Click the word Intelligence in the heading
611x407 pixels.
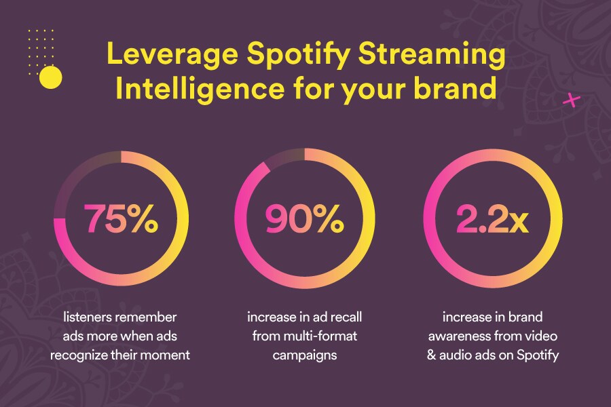[200, 89]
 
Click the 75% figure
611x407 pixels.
[122, 218]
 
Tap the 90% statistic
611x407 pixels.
[304, 218]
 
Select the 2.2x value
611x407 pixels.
[492, 218]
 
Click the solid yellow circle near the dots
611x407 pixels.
[51, 77]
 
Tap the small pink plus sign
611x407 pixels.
[572, 100]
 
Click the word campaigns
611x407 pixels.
[305, 355]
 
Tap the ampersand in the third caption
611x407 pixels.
[431, 355]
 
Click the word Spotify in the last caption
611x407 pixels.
[538, 355]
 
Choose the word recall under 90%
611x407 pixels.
[347, 317]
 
